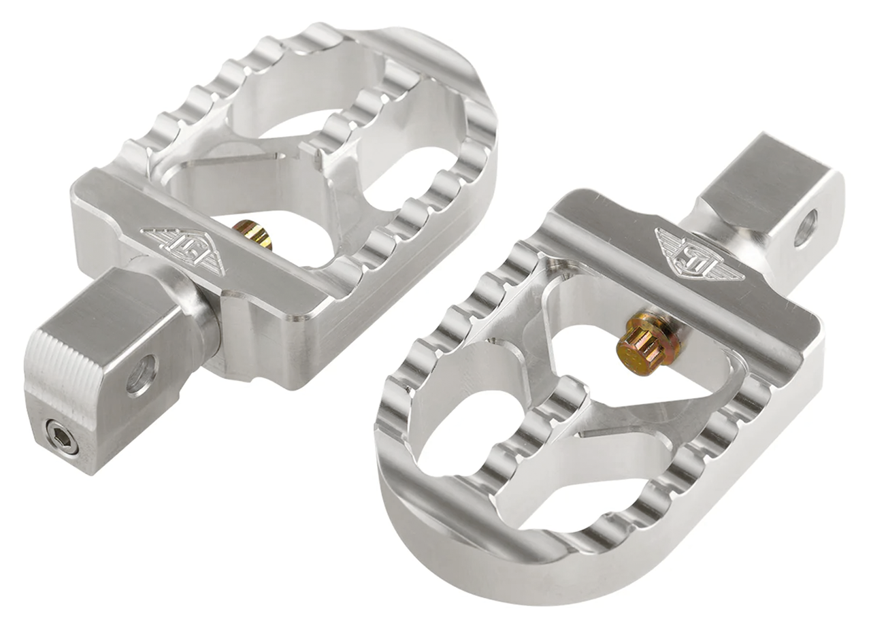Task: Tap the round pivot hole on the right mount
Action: (x=806, y=228)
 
